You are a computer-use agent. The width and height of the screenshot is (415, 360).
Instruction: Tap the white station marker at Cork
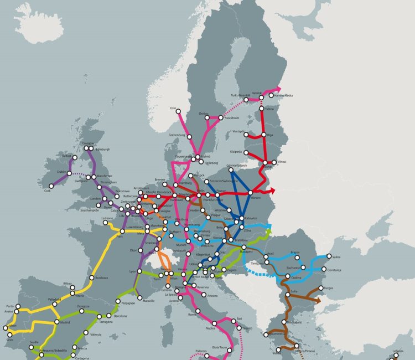click(x=51, y=186)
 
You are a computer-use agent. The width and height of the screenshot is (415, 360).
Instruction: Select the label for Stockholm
click(x=231, y=117)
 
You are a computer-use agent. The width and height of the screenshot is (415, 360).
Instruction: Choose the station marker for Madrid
click(x=57, y=322)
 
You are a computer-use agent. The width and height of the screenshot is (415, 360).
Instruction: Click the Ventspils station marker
click(x=246, y=134)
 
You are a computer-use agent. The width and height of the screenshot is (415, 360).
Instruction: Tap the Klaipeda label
click(x=237, y=151)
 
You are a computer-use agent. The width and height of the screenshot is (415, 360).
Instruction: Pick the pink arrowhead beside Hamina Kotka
click(x=278, y=89)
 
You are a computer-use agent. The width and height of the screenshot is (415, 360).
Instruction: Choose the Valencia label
click(x=95, y=335)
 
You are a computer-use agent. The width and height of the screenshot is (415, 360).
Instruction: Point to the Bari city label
click(x=240, y=318)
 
